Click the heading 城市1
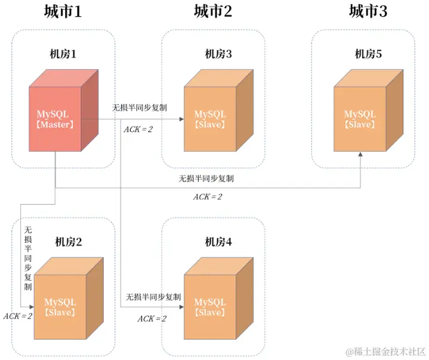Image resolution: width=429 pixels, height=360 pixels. coord(62,11)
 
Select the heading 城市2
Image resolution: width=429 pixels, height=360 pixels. coord(212,11)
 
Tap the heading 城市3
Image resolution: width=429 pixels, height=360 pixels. coord(368,11)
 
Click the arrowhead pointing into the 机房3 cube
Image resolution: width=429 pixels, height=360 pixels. coord(181,119)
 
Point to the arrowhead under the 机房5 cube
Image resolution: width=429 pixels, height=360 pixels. coord(360,155)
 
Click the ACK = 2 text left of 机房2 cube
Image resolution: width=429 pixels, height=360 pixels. coord(17,315)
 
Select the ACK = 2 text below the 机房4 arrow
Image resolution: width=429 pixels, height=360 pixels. coord(152,319)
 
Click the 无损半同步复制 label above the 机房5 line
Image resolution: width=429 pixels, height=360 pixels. coord(206,178)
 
